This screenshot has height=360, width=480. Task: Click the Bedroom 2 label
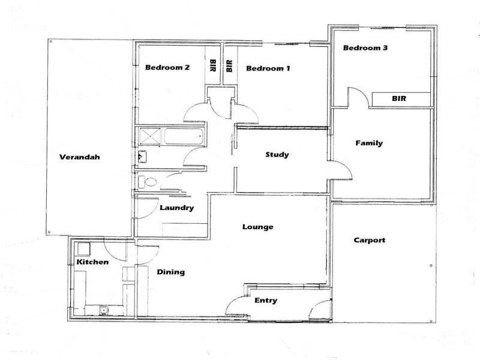point(167,68)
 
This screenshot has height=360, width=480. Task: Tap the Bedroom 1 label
point(268,68)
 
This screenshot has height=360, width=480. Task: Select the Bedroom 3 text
point(365,48)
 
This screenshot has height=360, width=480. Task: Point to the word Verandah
point(79,158)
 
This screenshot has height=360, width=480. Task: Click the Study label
point(277,155)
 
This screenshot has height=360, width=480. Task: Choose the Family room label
point(368,143)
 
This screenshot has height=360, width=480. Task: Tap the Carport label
point(369,240)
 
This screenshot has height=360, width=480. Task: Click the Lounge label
point(257,227)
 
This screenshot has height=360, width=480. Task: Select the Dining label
point(170,272)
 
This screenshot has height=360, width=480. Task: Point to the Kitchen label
point(92,262)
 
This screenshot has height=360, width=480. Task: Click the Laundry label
point(176,208)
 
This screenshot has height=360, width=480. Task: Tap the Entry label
point(266,300)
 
